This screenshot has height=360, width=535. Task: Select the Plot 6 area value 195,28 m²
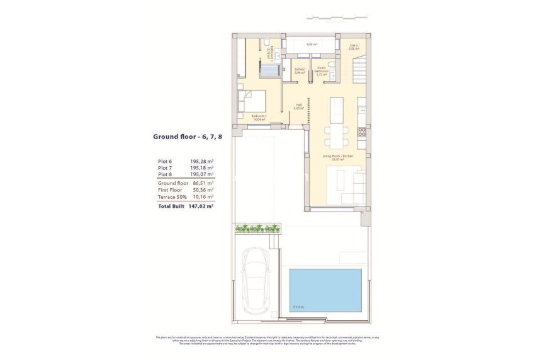point(201,162)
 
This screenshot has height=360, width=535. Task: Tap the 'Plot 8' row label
point(164,175)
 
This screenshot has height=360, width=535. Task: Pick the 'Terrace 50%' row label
point(172,196)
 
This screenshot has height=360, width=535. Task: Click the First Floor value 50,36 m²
point(201,189)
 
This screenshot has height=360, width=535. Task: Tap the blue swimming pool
point(325,290)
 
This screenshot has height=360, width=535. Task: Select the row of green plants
point(257,228)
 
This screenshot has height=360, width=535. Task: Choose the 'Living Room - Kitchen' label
point(338,156)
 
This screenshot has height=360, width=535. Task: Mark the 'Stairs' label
point(354,45)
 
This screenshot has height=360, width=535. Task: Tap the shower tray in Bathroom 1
point(271,69)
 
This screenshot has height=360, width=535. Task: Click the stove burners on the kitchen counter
point(362,132)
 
